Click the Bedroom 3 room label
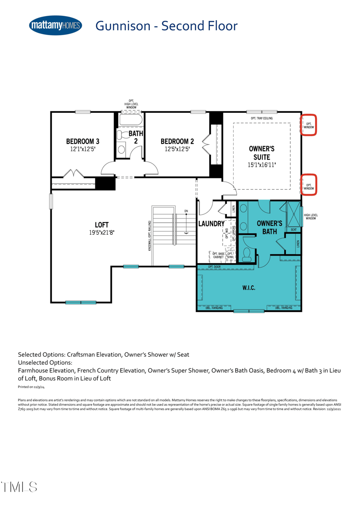click(83, 141)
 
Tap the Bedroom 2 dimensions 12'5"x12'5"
click(177, 148)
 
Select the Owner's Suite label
click(261, 152)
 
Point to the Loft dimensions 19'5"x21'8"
click(101, 233)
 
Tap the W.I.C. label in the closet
click(249, 288)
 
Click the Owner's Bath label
click(269, 227)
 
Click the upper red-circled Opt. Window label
click(309, 125)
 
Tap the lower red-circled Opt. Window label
click(309, 186)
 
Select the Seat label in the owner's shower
click(293, 229)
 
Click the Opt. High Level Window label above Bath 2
click(131, 104)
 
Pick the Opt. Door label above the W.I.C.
click(214, 267)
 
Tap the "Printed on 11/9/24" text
click(28, 386)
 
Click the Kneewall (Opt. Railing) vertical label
click(149, 236)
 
